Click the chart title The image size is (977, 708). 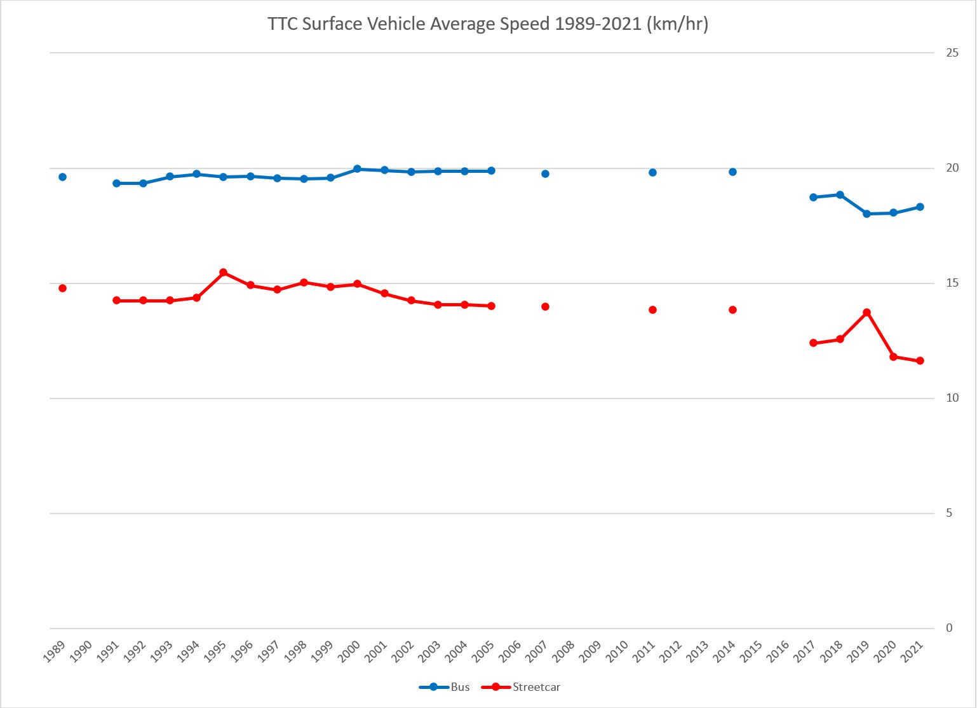488,25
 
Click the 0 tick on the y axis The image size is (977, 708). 949,628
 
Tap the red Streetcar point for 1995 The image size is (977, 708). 224,272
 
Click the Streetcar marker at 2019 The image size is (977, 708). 866,312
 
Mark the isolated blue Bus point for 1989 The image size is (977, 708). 62,177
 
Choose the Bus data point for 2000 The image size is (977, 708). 357,169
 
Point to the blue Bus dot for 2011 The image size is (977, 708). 652,172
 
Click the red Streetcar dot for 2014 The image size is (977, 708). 732,310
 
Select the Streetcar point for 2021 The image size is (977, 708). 920,360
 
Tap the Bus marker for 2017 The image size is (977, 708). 813,197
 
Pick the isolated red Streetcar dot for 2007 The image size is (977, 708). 545,306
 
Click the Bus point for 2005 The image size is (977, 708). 491,170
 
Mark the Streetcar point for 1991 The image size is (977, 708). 116,300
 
